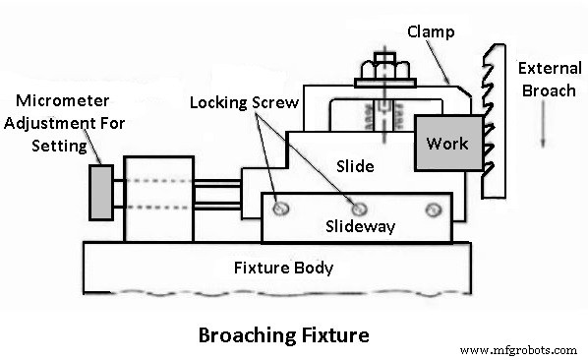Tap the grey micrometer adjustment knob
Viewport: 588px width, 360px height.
point(99,192)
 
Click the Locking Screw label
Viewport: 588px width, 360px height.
point(244,101)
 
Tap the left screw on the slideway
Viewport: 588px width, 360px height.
point(282,209)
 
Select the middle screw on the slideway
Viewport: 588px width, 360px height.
point(359,209)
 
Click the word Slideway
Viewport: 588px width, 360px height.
point(360,227)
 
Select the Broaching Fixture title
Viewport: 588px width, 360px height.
point(283,334)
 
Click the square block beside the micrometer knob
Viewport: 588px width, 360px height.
point(158,197)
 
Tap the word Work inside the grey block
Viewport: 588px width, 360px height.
point(446,144)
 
